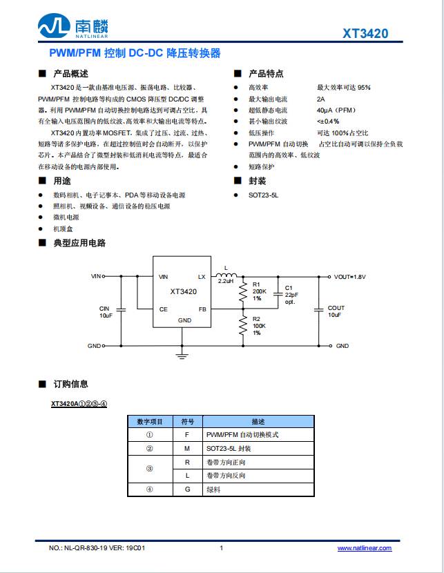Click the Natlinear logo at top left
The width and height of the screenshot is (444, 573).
[x=73, y=27]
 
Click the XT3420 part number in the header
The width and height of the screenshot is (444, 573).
[x=365, y=33]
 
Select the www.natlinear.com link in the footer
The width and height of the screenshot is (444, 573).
[x=364, y=548]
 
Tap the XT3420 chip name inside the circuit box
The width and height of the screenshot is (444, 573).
[x=184, y=291]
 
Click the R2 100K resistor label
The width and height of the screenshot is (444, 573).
[x=259, y=326]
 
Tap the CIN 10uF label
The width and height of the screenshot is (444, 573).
[x=105, y=311]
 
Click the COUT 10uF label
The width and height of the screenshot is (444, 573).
[x=336, y=311]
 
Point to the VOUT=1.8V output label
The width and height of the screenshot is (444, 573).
[x=350, y=277]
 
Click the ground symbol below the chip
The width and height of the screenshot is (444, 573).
[x=183, y=356]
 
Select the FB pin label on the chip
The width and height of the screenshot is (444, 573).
[x=202, y=309]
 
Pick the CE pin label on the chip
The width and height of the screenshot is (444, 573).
[x=163, y=309]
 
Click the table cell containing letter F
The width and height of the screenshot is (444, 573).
[x=186, y=435]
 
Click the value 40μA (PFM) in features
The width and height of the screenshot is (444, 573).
[x=336, y=110]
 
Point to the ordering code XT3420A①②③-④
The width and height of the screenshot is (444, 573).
[x=78, y=403]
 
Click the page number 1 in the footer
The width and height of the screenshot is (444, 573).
[x=221, y=548]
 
